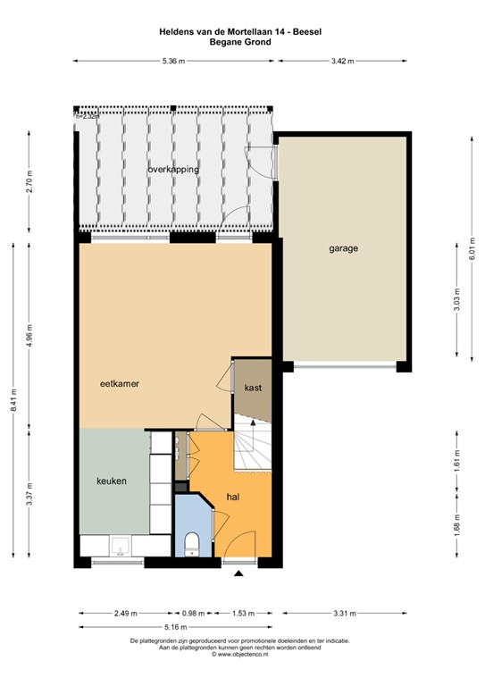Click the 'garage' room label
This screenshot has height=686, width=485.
(x=342, y=249)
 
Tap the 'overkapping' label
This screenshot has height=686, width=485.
(x=173, y=169)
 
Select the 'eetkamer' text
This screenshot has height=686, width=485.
(x=122, y=383)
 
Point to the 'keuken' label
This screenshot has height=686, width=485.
(x=112, y=481)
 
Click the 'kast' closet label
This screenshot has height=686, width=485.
(x=252, y=389)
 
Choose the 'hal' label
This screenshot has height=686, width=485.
(x=233, y=496)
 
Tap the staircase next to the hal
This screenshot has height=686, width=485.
(x=252, y=449)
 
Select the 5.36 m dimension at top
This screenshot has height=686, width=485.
(x=173, y=61)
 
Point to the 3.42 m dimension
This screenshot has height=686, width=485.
(x=342, y=61)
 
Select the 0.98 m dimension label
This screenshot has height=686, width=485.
(x=194, y=614)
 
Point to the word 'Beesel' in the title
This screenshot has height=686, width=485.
(x=307, y=31)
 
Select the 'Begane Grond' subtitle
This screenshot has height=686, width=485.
(x=240, y=41)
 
